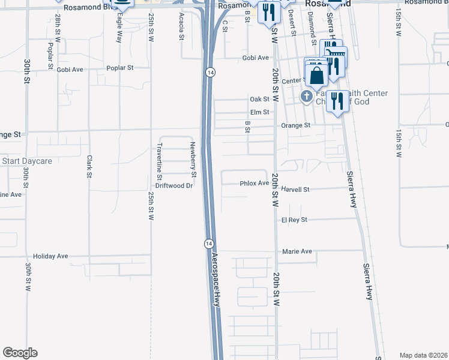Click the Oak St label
tap(259, 99)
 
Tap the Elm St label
tap(259, 112)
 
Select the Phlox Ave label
tap(254, 183)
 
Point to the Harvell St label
tap(295, 189)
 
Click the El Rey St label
tap(294, 220)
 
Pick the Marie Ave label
tap(297, 251)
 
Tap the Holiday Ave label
tap(50, 256)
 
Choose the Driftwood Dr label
tap(173, 186)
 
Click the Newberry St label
tap(193, 160)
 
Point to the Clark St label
tap(89, 167)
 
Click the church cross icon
tap(306, 97)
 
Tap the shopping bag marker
tap(316, 76)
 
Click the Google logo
tap(20, 353)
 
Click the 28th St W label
tap(58, 29)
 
